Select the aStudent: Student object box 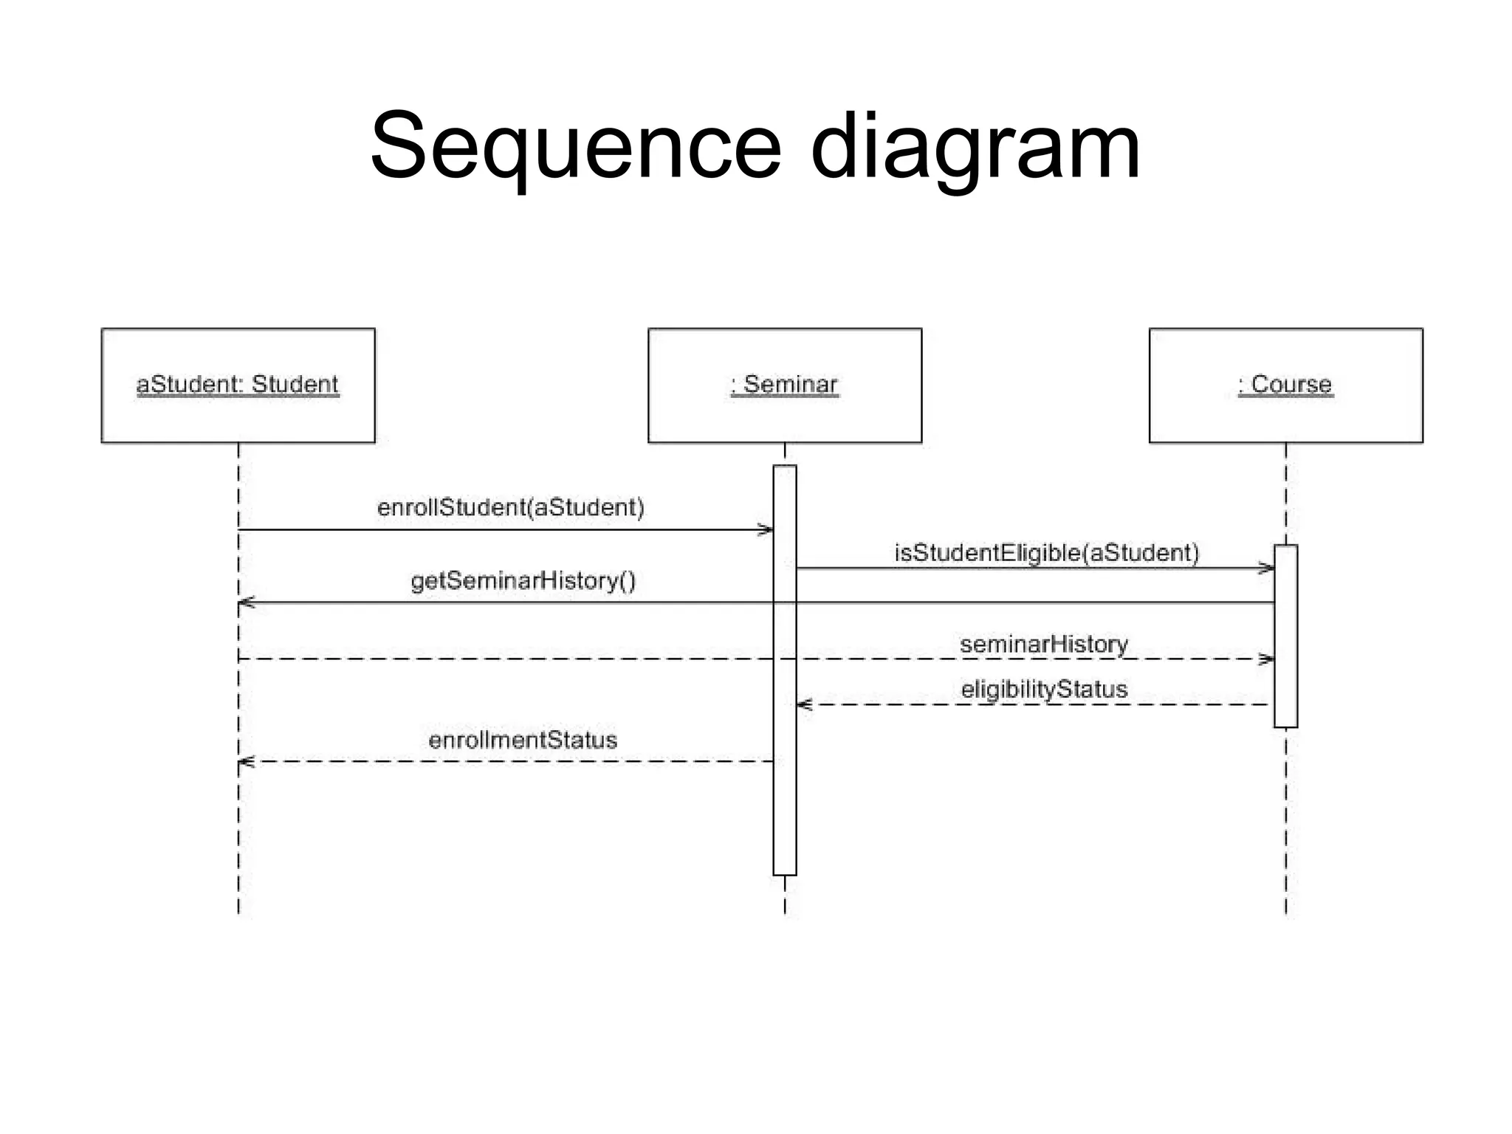pos(238,385)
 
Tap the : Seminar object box pos(784,385)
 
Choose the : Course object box pos(1285,385)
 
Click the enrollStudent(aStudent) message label pos(510,508)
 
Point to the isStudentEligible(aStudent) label pos(1046,553)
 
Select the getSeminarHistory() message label pos(523,581)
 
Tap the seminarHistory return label pos(1043,644)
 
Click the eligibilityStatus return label pos(1043,690)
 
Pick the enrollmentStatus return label pos(522,740)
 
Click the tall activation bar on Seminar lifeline pos(784,812)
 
